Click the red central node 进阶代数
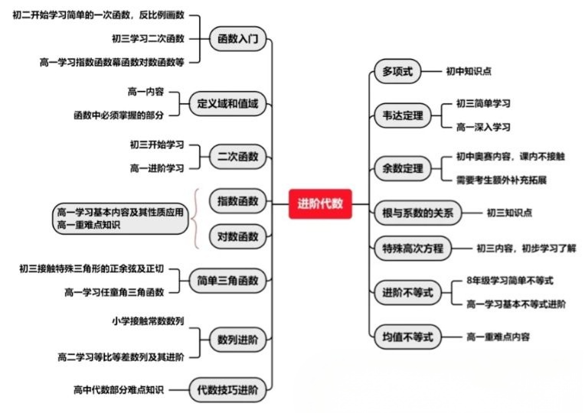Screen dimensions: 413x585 tap(320, 203)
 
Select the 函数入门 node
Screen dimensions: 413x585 tap(237, 37)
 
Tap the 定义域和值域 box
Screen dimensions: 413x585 tap(227, 103)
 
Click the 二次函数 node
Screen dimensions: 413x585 tap(237, 157)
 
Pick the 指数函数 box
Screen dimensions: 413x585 tap(237, 201)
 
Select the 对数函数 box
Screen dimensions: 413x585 tap(237, 236)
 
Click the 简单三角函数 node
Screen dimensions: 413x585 tap(227, 279)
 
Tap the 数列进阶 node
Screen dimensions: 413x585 tap(237, 337)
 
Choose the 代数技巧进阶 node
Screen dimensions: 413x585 tap(227, 389)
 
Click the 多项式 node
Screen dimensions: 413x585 tap(397, 71)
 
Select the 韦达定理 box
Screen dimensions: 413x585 tap(403, 115)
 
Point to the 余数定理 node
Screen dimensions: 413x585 tap(403, 168)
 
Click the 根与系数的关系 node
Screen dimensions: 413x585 tap(417, 213)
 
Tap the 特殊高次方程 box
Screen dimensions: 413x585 tap(413, 248)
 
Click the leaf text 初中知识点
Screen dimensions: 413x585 tap(469, 71)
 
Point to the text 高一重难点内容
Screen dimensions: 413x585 tap(498, 336)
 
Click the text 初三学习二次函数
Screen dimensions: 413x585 tap(148, 38)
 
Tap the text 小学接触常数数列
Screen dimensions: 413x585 tap(147, 321)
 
